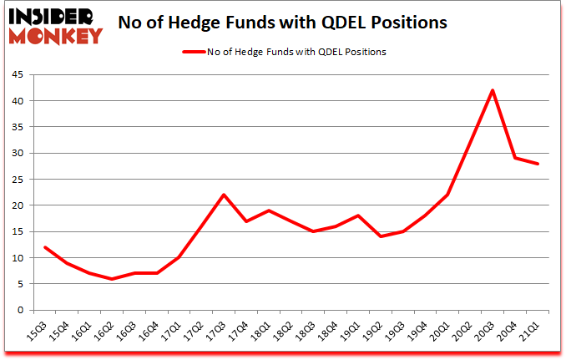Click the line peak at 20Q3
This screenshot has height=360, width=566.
click(x=493, y=90)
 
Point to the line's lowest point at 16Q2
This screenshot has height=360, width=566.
click(x=111, y=278)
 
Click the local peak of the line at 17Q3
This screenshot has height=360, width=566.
click(x=224, y=195)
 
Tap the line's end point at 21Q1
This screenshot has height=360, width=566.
click(x=538, y=164)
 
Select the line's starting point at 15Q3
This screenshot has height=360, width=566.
click(x=44, y=247)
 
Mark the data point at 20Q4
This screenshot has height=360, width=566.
click(x=516, y=158)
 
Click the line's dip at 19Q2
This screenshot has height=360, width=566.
click(x=381, y=236)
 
